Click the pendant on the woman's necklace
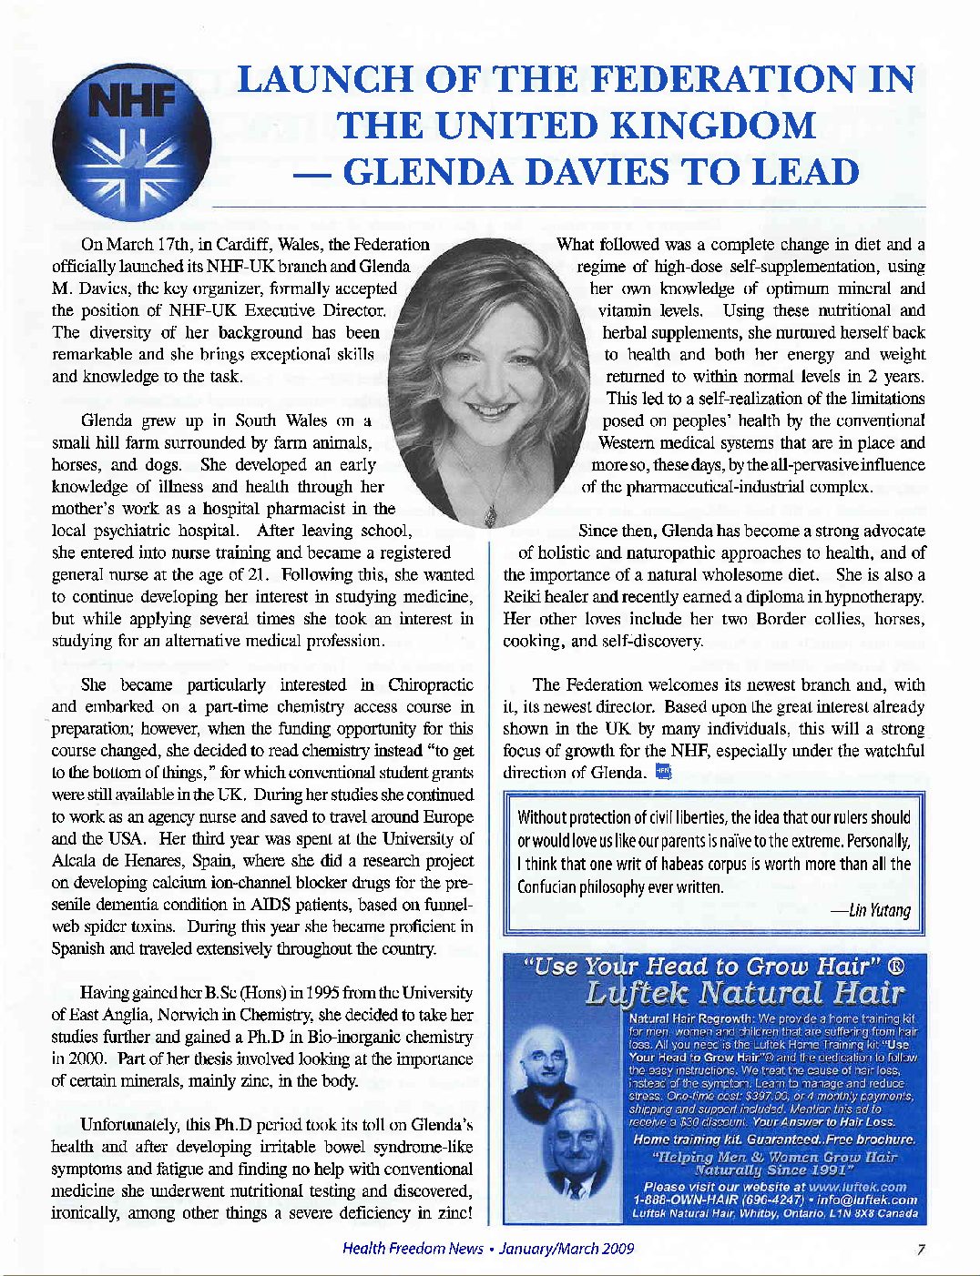click(x=491, y=515)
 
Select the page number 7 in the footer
click(x=922, y=1249)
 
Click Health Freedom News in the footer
click(x=412, y=1249)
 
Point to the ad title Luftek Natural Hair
click(x=744, y=993)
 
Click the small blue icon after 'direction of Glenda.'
click(x=663, y=773)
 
